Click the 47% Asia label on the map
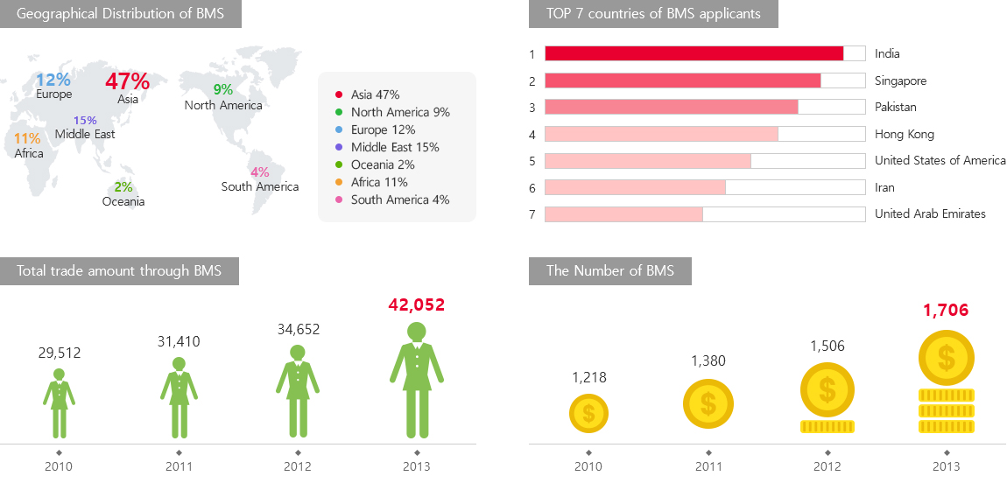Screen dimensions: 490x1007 tap(127, 81)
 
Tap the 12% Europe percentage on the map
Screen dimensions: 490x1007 tap(53, 80)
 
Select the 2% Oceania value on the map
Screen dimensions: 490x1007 tap(123, 186)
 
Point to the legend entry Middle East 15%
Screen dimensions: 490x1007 tap(395, 147)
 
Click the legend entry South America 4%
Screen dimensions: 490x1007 tap(400, 199)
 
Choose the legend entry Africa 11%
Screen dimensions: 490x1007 tap(379, 182)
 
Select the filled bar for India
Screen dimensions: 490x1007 tap(694, 53)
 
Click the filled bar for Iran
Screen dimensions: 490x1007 tap(635, 187)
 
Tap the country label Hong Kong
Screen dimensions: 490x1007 tap(904, 134)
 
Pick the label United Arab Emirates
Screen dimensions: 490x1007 tap(930, 213)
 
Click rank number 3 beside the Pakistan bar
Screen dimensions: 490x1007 tap(532, 108)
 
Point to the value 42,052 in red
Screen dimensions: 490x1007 tap(416, 304)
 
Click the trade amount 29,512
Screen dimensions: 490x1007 tap(59, 353)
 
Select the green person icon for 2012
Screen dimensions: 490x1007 tap(297, 391)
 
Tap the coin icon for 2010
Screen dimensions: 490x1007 tap(588, 413)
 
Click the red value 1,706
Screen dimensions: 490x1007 tap(946, 310)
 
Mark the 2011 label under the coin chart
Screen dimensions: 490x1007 tap(708, 466)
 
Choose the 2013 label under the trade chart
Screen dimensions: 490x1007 tap(416, 466)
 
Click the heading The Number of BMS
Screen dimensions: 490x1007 tap(609, 270)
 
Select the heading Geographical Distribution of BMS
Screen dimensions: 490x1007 tap(120, 13)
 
